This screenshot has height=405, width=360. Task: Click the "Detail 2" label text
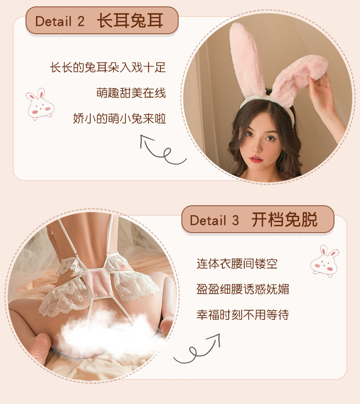point(60,21)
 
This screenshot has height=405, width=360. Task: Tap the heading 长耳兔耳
point(130,21)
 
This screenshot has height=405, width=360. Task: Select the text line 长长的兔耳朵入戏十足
point(108,67)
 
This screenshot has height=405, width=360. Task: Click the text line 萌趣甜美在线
point(131,93)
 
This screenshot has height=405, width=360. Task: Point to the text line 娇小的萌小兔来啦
point(119,119)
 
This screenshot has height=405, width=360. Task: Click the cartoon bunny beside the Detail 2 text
point(40,104)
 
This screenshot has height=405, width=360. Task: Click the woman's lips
point(257,159)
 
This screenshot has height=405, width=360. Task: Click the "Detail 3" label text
point(214,220)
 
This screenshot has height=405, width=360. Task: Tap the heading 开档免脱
point(284,220)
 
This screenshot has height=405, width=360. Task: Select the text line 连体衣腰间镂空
point(237,264)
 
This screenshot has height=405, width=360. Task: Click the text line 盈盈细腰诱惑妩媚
point(243,289)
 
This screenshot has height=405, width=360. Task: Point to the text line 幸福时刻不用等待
point(243,315)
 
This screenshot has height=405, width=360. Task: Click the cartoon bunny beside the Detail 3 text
point(324,261)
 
